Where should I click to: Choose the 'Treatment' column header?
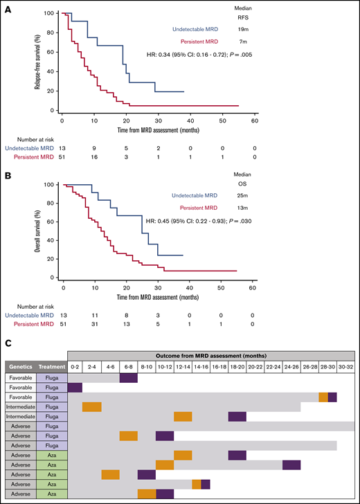pyautogui.click(x=51, y=366)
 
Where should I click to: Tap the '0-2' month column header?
pyautogui.click(x=75, y=366)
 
